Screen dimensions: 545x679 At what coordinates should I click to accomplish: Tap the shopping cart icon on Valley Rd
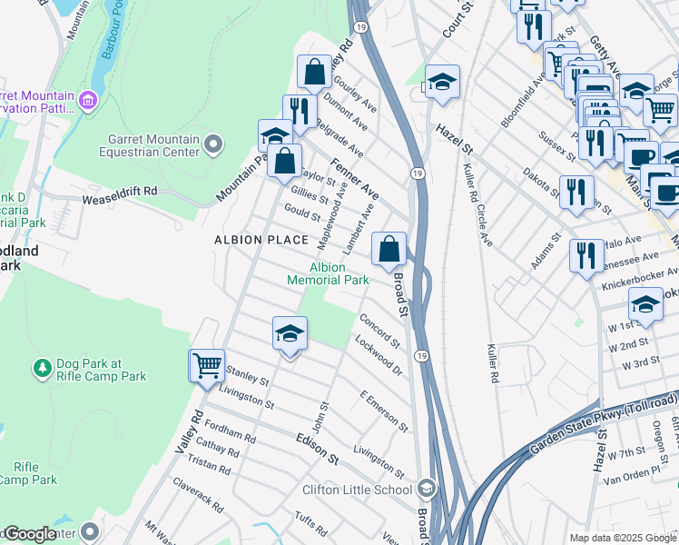click(x=207, y=366)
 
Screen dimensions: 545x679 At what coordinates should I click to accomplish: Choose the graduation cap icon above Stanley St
click(x=290, y=334)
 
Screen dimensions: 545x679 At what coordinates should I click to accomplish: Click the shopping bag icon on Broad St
click(x=389, y=249)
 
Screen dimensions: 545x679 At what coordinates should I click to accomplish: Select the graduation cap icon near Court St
click(x=442, y=83)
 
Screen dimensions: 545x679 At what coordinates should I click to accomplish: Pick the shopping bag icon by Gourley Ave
click(x=314, y=72)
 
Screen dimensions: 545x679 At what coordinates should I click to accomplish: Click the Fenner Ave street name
click(x=354, y=180)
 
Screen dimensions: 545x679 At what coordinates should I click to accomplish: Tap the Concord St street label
click(x=379, y=332)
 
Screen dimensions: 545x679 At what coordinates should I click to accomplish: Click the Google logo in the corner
click(x=30, y=535)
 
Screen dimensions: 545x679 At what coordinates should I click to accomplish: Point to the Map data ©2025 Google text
click(x=623, y=538)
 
